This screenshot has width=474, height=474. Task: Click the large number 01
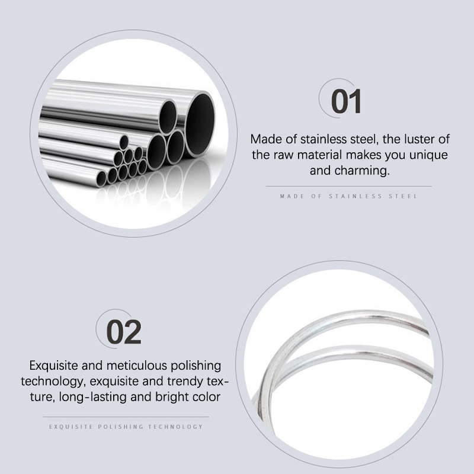tap(346, 101)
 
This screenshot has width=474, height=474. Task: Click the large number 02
tap(124, 332)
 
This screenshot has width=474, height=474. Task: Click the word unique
tap(428, 155)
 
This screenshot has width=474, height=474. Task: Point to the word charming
tap(362, 171)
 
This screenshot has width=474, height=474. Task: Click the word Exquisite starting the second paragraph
tap(53, 366)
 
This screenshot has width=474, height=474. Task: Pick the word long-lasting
tap(93, 397)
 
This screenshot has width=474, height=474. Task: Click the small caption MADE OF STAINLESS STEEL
tap(348, 197)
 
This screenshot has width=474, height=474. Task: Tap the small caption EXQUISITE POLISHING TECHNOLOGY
tap(126, 427)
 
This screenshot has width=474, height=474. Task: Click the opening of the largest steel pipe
tap(200, 124)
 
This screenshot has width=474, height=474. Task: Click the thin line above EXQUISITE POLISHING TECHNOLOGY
tap(126, 417)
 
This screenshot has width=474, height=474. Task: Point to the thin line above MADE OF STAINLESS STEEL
tap(349, 187)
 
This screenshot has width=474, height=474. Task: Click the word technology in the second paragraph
tap(52, 382)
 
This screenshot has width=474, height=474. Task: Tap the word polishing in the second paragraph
tap(196, 366)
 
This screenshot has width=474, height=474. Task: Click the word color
tap(206, 397)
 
